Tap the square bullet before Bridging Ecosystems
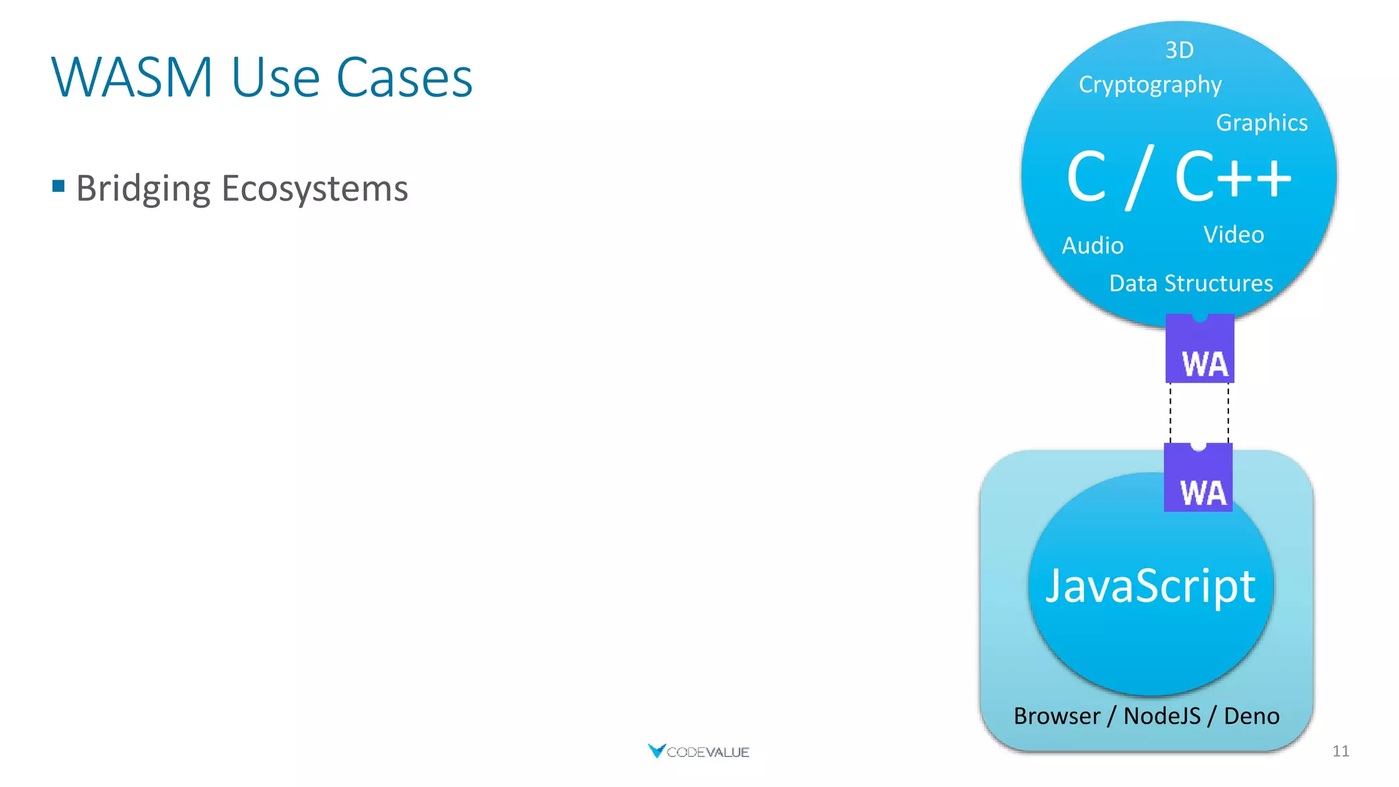59,186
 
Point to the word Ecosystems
315,189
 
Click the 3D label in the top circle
1179,50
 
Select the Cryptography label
1150,85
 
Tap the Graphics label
1262,123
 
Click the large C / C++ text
1179,177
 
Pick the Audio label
1092,246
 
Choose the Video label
1234,235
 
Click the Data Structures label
1191,284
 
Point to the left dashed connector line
1170,413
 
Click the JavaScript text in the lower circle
1150,586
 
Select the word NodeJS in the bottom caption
1162,716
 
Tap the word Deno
1251,716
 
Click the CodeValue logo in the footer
698,751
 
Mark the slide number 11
1340,751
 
